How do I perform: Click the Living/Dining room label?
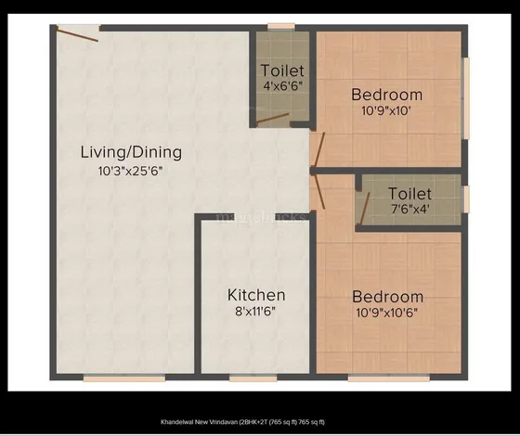click(x=131, y=153)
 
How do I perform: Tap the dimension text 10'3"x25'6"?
click(x=131, y=172)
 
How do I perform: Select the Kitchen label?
click(x=256, y=295)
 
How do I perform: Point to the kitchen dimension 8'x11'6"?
click(x=255, y=312)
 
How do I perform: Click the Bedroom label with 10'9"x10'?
click(x=387, y=95)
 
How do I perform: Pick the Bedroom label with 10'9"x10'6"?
click(x=388, y=297)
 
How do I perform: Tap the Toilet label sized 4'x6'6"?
click(x=282, y=71)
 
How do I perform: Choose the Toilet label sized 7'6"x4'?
click(x=410, y=194)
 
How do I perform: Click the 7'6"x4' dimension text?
click(x=410, y=209)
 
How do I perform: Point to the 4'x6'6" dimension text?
click(x=283, y=86)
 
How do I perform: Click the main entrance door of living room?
click(x=78, y=33)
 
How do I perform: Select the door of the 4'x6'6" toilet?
click(x=273, y=120)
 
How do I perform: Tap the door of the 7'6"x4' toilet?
click(x=365, y=209)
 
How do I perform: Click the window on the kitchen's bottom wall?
click(x=253, y=378)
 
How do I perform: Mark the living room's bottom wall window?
click(x=124, y=378)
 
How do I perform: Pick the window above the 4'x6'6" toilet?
click(x=281, y=27)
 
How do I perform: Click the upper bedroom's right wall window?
click(x=465, y=98)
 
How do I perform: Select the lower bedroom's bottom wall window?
click(x=389, y=378)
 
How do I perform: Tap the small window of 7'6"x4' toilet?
click(x=466, y=199)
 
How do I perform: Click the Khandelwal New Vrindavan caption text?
click(x=242, y=422)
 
